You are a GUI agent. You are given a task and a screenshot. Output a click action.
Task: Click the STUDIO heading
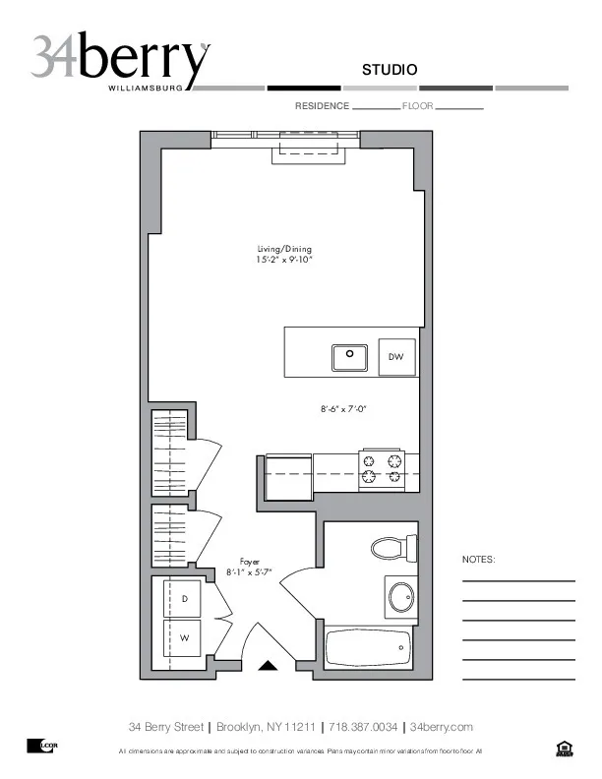click(x=390, y=70)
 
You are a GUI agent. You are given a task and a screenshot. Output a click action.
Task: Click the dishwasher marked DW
click(x=396, y=357)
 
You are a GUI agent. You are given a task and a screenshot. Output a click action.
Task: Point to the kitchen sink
click(x=349, y=357)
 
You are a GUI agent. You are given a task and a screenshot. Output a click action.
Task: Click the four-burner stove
click(x=382, y=468)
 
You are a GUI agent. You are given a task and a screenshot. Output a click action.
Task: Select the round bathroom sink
click(x=401, y=596)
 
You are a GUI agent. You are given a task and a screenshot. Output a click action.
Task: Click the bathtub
click(x=367, y=648)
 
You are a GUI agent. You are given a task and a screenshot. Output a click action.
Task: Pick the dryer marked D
click(x=183, y=598)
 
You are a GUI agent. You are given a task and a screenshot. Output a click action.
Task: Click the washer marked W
click(x=183, y=638)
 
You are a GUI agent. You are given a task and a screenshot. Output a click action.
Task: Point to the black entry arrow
click(x=268, y=666)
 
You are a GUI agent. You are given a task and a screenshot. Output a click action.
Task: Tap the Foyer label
click(x=250, y=562)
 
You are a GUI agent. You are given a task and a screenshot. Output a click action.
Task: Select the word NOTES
click(x=479, y=560)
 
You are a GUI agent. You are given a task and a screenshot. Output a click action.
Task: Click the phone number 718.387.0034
click(x=363, y=727)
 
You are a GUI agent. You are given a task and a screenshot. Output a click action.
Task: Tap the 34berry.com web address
click(x=442, y=727)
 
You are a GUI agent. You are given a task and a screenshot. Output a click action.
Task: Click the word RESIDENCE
click(x=322, y=105)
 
